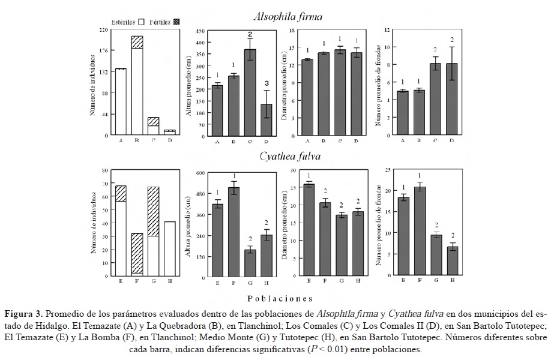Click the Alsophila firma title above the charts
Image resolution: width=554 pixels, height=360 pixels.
(295, 17)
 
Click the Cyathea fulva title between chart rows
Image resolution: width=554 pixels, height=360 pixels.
(289, 157)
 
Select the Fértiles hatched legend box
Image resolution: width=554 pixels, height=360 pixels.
(176, 22)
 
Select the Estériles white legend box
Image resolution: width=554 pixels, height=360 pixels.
(142, 22)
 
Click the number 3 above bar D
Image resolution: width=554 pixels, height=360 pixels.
(266, 83)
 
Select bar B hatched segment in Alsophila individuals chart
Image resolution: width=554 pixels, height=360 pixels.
(137, 42)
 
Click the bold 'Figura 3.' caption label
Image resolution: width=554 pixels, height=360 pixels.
(23, 313)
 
